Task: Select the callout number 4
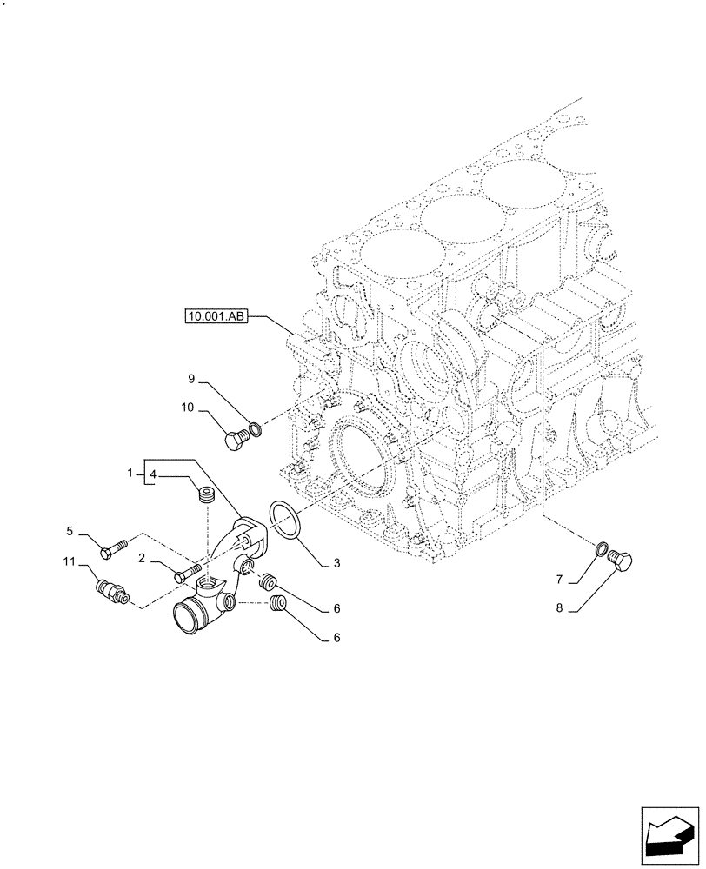[152, 474]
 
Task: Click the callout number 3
[335, 563]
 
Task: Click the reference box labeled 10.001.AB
[216, 316]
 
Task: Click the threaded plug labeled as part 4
[206, 497]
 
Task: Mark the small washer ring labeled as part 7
[601, 547]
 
